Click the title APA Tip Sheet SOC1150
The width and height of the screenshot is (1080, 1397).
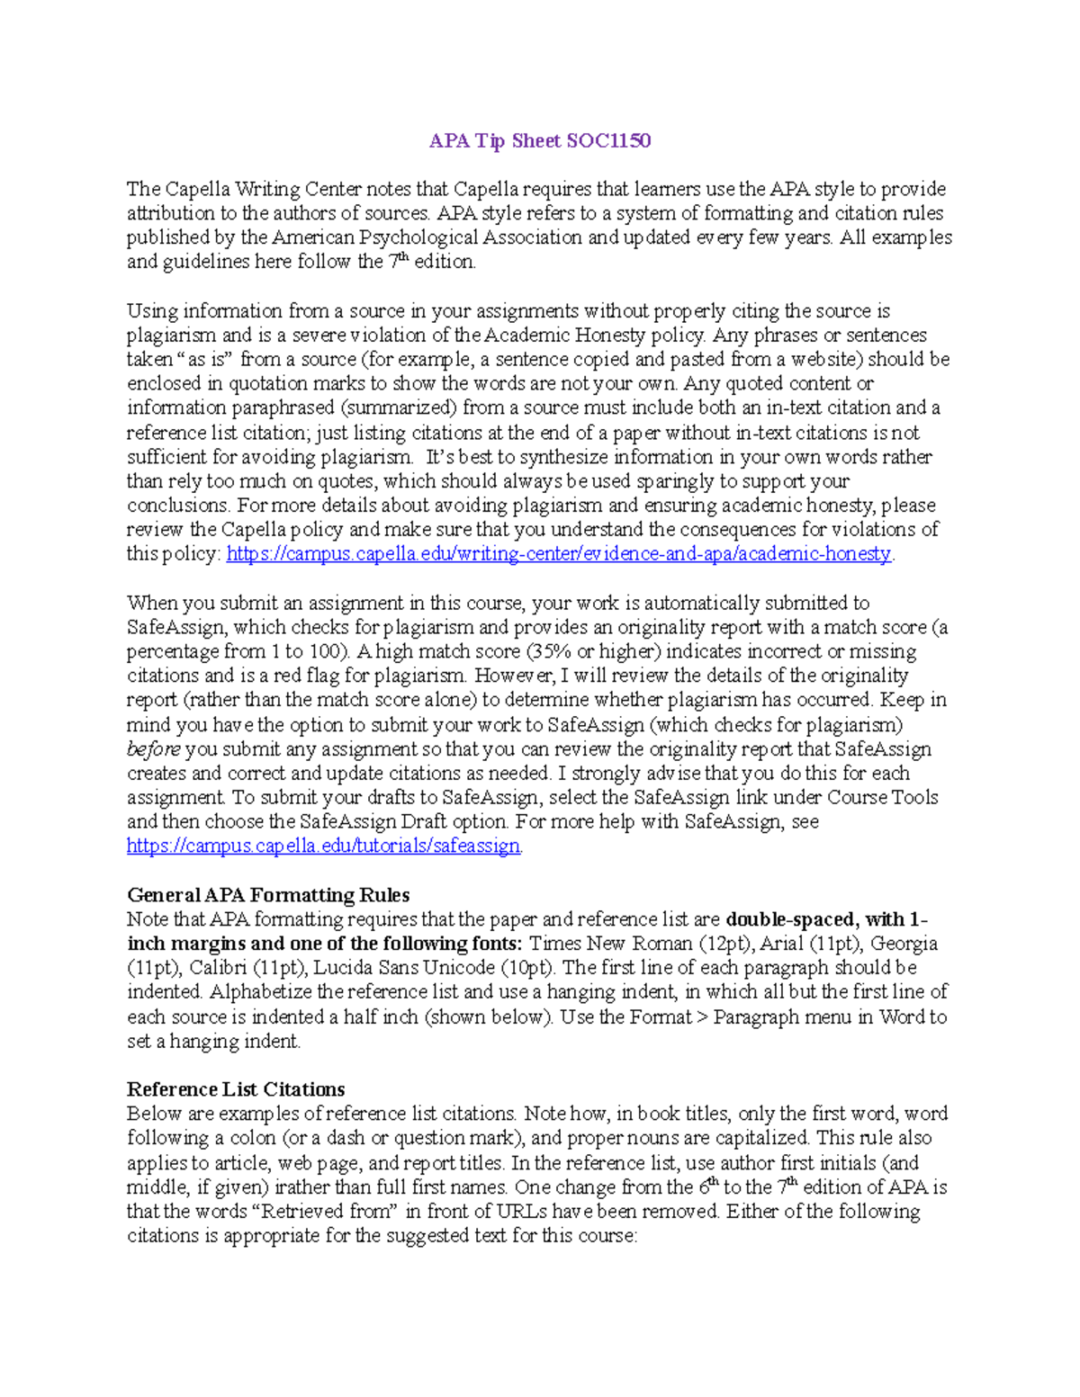pos(540,141)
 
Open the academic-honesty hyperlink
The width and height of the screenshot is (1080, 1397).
pos(558,554)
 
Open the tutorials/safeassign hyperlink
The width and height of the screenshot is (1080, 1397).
pos(323,846)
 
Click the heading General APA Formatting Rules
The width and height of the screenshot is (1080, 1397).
pos(268,895)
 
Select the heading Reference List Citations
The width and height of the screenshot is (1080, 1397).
pos(236,1090)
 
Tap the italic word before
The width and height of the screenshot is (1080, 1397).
pos(153,749)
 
